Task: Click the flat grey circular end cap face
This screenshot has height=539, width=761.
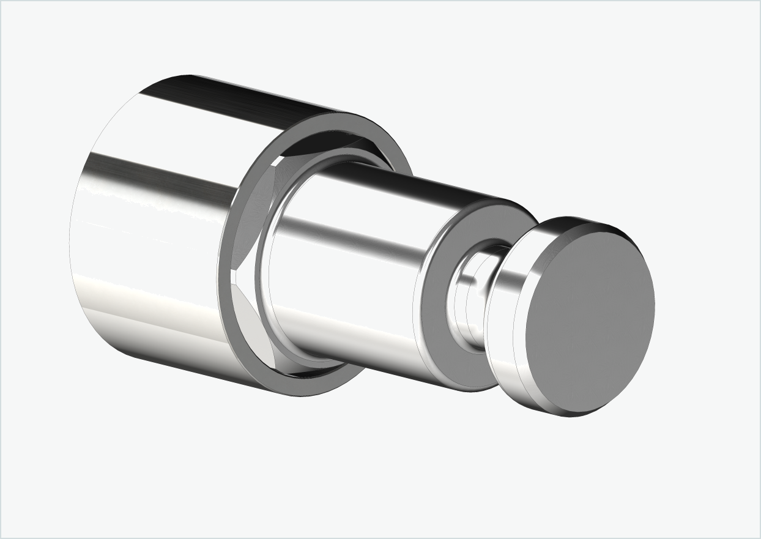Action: pos(590,318)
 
